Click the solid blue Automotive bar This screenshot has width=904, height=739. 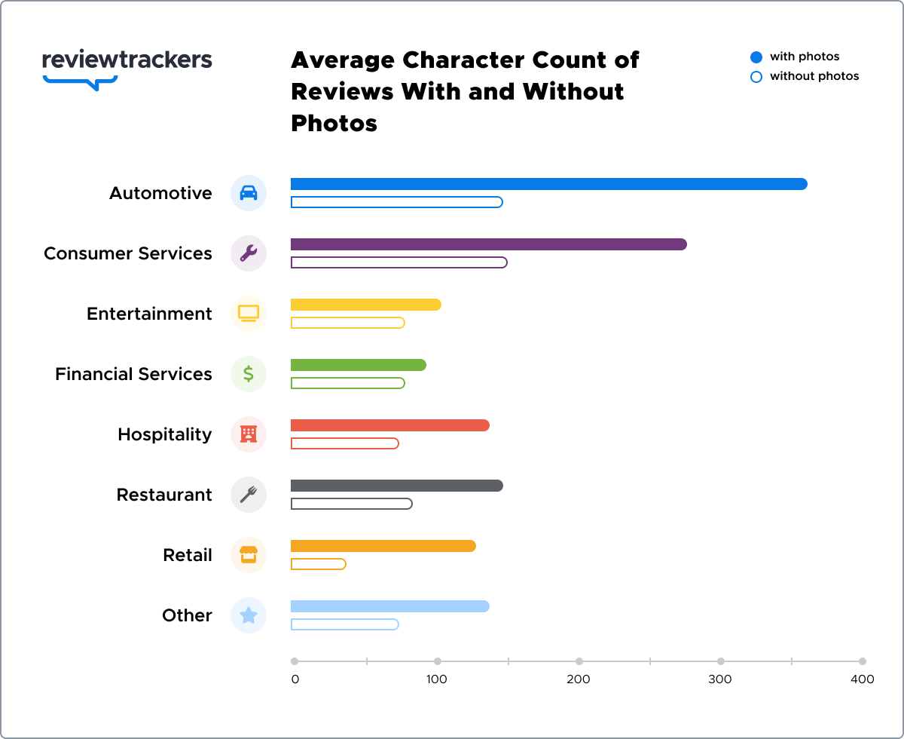[x=548, y=184]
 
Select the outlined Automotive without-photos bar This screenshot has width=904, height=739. [x=396, y=202]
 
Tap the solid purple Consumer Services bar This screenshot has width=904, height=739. [x=488, y=244]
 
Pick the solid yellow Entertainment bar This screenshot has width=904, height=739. [x=365, y=305]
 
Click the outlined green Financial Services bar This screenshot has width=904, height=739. [x=347, y=383]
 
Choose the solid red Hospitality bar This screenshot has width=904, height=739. [x=389, y=425]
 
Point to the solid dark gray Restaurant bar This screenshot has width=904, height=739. [x=396, y=486]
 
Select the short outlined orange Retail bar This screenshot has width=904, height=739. [x=318, y=564]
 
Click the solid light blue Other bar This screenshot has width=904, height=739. [x=389, y=606]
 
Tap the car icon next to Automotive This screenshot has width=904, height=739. [x=249, y=193]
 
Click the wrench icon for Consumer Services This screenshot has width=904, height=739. [x=249, y=253]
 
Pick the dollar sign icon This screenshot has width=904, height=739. [x=249, y=374]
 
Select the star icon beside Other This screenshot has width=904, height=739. [x=249, y=615]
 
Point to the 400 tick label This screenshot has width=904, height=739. [x=863, y=679]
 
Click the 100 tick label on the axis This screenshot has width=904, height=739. [x=437, y=679]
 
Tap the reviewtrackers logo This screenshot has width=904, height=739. [x=127, y=66]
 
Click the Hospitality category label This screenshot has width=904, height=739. [x=164, y=434]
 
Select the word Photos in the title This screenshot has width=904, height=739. [x=334, y=123]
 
